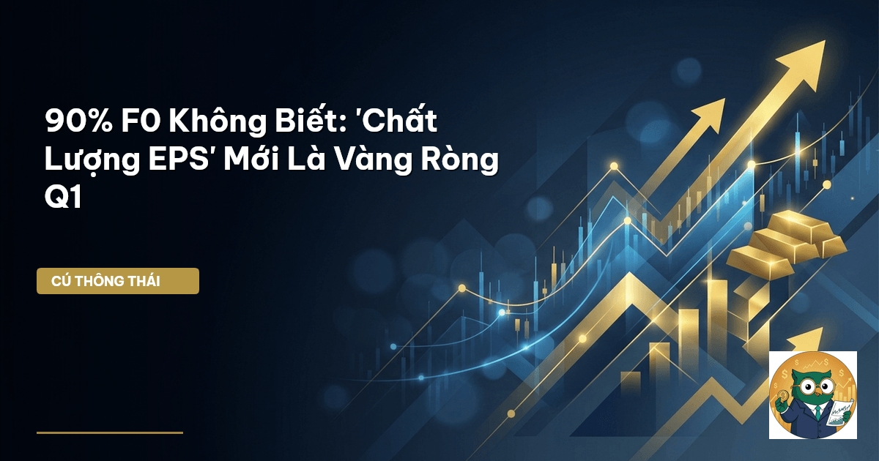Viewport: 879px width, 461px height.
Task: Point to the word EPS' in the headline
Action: click(179, 160)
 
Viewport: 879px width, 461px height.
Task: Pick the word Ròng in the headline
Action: click(459, 160)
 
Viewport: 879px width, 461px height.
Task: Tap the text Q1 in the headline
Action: click(63, 196)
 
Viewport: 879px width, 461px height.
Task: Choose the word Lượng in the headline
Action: click(92, 161)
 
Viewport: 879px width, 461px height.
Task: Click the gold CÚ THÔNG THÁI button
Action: click(118, 281)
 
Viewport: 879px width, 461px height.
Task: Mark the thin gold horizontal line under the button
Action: click(110, 432)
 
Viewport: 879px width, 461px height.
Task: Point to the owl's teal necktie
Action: click(817, 413)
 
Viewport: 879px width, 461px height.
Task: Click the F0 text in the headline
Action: click(141, 121)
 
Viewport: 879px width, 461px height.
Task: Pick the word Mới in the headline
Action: click(250, 160)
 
